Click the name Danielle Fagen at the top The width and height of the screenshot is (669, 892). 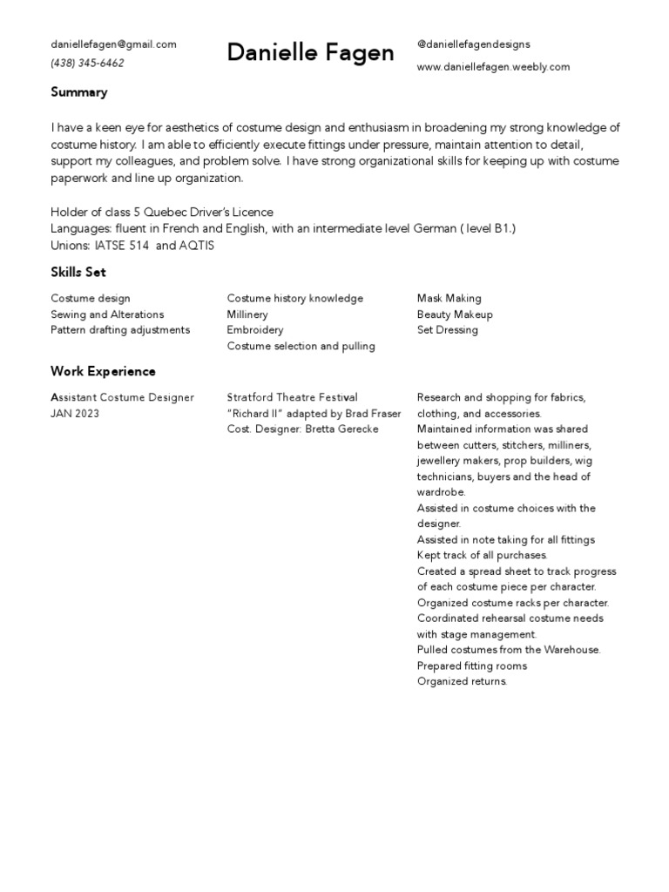(x=310, y=54)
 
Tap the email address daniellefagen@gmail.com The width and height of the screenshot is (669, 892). (x=113, y=44)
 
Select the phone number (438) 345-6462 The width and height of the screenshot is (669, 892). (x=87, y=64)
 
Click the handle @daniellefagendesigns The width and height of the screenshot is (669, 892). (x=473, y=44)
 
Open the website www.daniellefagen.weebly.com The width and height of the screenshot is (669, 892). (x=493, y=66)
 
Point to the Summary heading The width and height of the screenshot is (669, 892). (x=79, y=92)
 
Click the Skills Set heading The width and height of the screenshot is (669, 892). (x=78, y=273)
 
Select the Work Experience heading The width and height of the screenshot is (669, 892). (x=103, y=372)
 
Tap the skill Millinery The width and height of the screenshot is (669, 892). (x=247, y=314)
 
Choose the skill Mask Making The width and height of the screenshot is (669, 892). (x=449, y=299)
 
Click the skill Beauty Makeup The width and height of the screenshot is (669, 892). (x=455, y=314)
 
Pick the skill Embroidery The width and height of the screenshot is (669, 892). (x=255, y=330)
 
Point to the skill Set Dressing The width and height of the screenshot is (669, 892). (x=447, y=330)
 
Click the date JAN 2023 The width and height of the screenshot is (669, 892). (x=75, y=414)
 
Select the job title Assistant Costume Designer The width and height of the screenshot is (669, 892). (x=122, y=398)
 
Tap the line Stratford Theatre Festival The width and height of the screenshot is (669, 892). (x=292, y=398)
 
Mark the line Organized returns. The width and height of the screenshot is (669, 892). (x=462, y=681)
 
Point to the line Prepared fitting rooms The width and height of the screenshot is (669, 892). (x=471, y=666)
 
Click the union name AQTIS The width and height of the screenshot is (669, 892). (x=196, y=246)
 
